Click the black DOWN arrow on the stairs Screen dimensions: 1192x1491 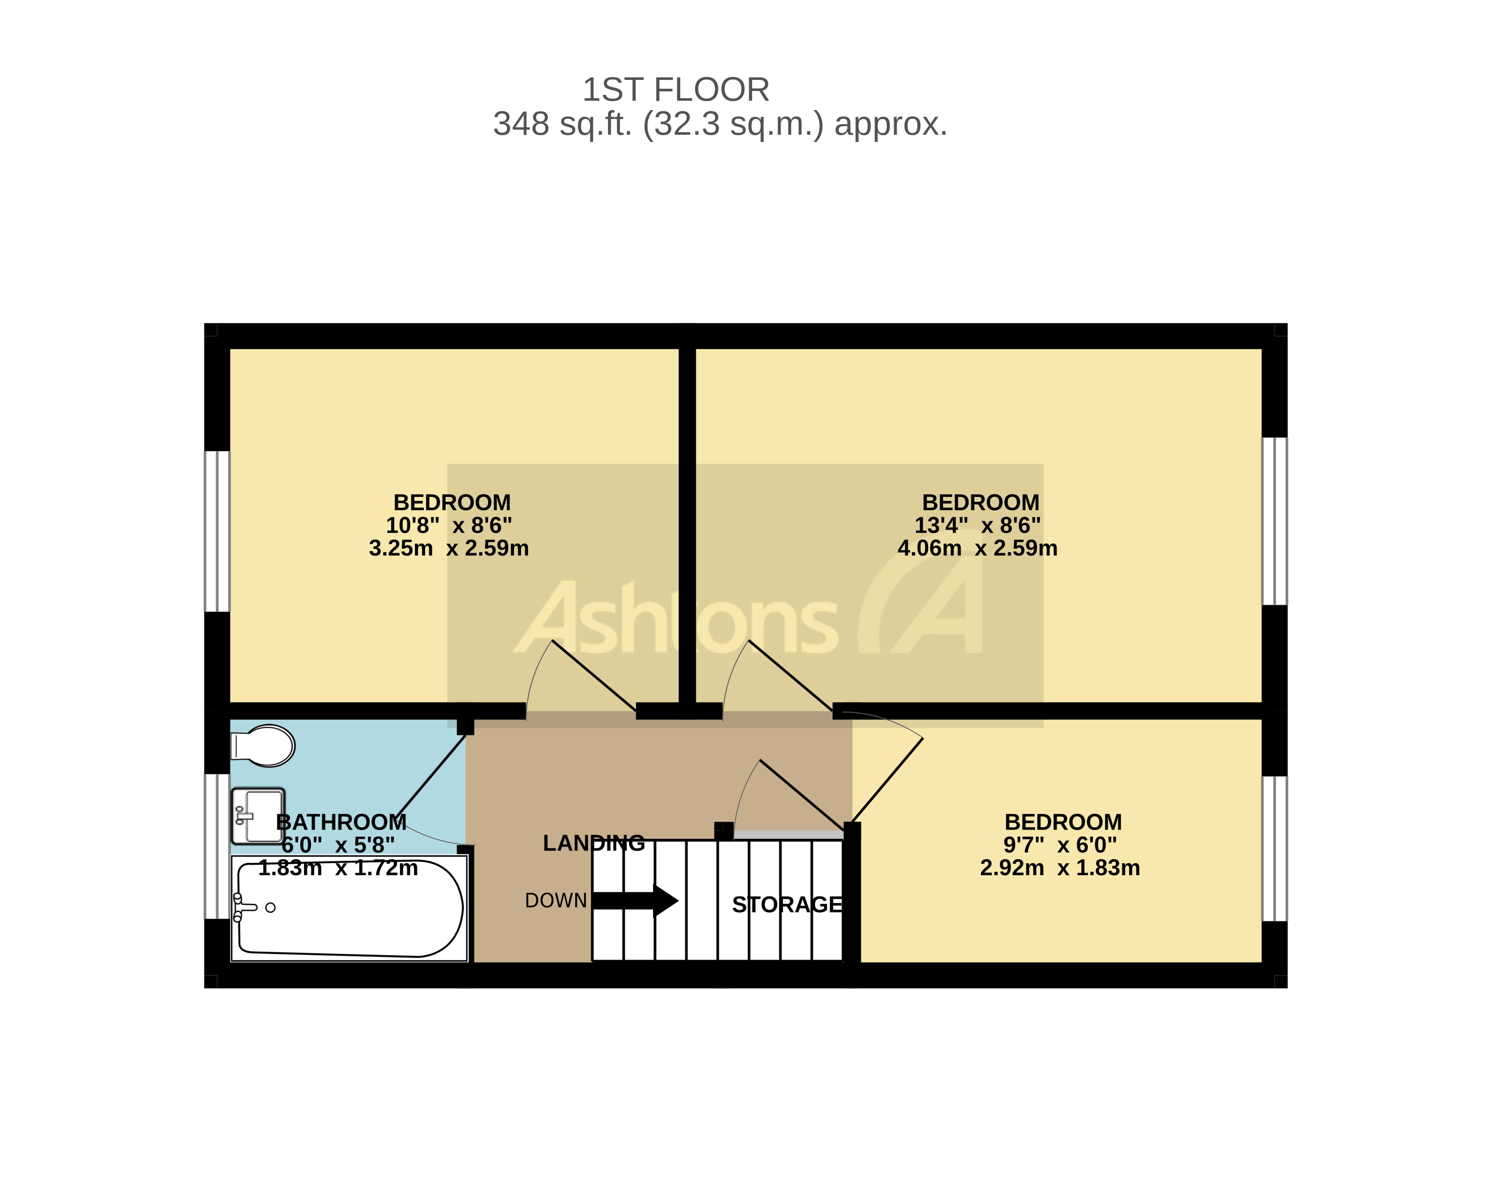click(x=635, y=901)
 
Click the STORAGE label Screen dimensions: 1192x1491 click(x=787, y=905)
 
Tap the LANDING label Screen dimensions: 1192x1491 click(x=594, y=843)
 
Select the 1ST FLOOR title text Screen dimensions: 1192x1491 click(x=676, y=90)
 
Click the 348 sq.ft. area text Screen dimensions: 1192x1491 click(x=719, y=125)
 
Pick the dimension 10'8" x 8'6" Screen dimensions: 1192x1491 click(x=449, y=525)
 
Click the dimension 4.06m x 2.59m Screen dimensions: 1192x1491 click(x=977, y=548)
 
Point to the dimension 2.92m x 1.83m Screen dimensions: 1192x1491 click(x=1059, y=868)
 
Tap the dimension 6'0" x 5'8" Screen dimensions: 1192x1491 click(x=338, y=845)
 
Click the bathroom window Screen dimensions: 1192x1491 click(x=217, y=846)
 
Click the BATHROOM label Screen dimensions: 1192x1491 click(x=341, y=822)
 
